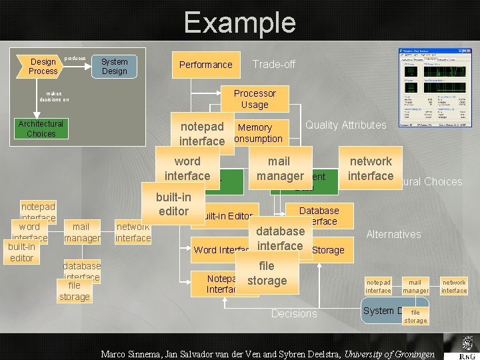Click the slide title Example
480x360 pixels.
point(239,23)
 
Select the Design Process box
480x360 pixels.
point(43,66)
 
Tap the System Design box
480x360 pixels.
point(114,66)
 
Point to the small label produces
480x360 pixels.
point(75,59)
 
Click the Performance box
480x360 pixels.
point(205,65)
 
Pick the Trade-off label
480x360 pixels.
point(273,65)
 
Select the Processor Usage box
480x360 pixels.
point(255,99)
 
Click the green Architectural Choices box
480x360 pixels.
point(41,129)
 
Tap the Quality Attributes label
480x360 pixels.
point(345,125)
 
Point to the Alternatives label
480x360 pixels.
point(393,234)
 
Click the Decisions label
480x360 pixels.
point(294,313)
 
